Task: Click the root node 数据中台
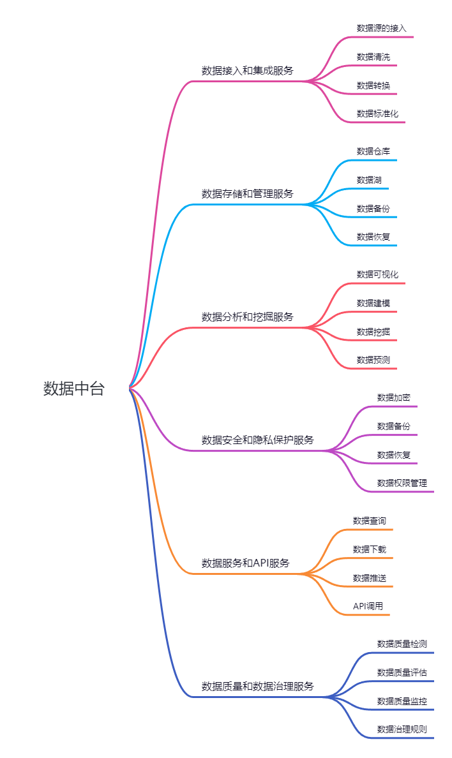click(73, 389)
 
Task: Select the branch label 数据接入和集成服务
click(248, 71)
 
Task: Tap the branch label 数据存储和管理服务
click(248, 194)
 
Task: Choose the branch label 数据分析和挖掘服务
click(248, 317)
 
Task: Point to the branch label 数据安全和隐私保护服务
click(258, 440)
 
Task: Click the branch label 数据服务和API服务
click(246, 563)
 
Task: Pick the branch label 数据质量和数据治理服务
click(258, 687)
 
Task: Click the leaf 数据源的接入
click(382, 28)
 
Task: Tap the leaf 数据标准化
click(377, 114)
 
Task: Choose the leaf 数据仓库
click(373, 151)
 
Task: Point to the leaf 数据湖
click(369, 180)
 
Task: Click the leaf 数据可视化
click(377, 274)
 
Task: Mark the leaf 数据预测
click(373, 360)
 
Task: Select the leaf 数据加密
click(394, 398)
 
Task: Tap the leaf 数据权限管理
click(402, 483)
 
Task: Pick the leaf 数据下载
click(370, 549)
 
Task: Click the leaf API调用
click(368, 606)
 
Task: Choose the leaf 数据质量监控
click(402, 701)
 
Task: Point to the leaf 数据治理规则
click(402, 729)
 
